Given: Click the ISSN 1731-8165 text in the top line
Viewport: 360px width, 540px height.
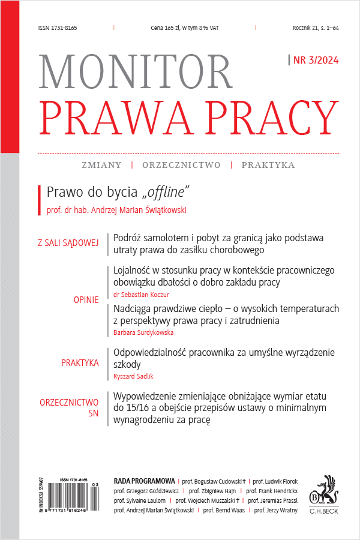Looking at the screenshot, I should (57, 28).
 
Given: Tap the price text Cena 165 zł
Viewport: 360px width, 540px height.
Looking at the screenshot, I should (184, 28).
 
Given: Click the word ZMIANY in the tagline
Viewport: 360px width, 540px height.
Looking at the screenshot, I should (101, 164).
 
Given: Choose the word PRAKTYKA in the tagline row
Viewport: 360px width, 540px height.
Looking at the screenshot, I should (268, 164).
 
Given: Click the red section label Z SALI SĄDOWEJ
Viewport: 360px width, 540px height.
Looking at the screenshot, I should (68, 243).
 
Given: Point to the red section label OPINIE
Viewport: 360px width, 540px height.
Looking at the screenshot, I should (86, 299).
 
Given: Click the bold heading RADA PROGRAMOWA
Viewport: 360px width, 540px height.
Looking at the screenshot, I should (144, 481).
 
